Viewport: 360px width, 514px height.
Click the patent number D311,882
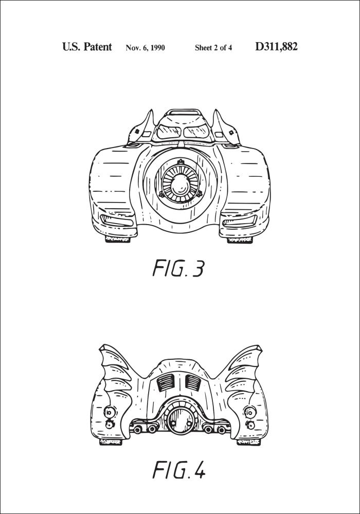pos(276,47)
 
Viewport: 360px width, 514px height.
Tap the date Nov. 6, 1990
pos(145,48)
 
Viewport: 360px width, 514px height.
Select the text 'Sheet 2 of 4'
pos(213,48)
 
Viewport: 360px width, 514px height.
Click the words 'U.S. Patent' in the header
pos(87,47)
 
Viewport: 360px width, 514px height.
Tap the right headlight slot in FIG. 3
pos(240,221)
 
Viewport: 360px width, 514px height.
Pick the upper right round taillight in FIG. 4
pos(249,412)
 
